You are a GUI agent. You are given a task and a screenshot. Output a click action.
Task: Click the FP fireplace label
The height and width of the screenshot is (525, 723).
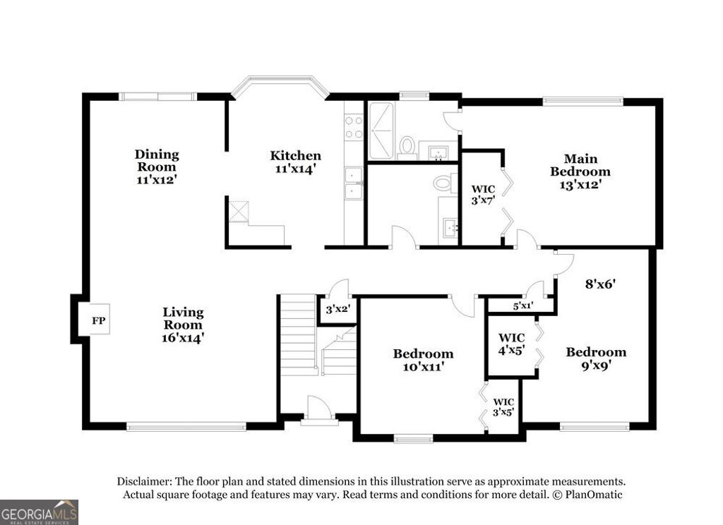tap(99, 321)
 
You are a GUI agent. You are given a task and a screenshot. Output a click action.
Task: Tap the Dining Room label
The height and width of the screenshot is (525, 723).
tap(157, 167)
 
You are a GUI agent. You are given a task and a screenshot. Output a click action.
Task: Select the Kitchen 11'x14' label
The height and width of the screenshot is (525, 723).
tap(295, 162)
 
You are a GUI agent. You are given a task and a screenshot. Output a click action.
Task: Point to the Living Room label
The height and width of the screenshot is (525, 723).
tap(183, 324)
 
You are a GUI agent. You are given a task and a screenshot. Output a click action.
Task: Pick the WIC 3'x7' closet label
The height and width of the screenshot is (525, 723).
tap(483, 194)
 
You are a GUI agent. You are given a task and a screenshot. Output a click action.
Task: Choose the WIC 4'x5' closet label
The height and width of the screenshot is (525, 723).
tap(510, 343)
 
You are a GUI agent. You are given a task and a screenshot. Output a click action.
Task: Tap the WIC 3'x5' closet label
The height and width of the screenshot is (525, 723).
tap(504, 407)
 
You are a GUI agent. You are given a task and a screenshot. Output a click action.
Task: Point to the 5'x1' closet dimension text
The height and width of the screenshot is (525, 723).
tap(522, 306)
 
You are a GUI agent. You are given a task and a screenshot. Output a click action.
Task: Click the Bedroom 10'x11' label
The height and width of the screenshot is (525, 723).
tap(423, 359)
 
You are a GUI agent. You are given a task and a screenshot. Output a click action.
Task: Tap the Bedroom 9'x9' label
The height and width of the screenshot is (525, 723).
tap(596, 358)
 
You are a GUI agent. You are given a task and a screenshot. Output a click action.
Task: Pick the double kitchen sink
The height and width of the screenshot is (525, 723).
tap(353, 183)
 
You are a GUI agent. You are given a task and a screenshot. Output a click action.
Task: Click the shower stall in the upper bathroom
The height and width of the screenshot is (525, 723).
tap(382, 131)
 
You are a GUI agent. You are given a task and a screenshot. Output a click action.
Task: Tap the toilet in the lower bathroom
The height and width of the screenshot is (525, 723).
tap(443, 183)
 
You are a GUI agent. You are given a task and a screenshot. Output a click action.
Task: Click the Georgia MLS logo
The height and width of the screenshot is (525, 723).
tap(39, 512)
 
